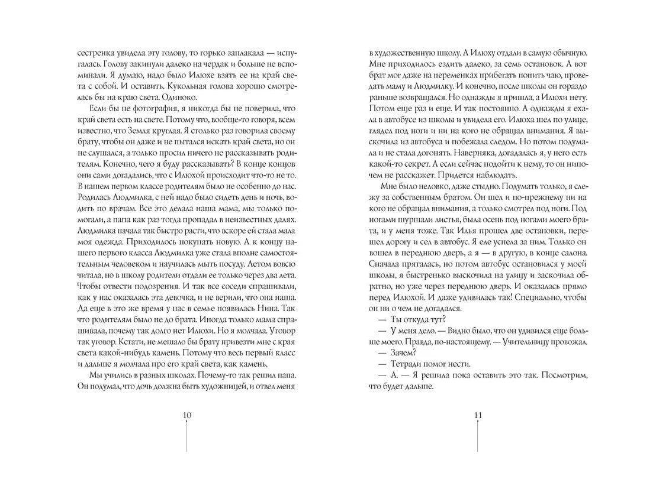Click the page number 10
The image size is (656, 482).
186,415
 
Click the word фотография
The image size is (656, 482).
147,110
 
